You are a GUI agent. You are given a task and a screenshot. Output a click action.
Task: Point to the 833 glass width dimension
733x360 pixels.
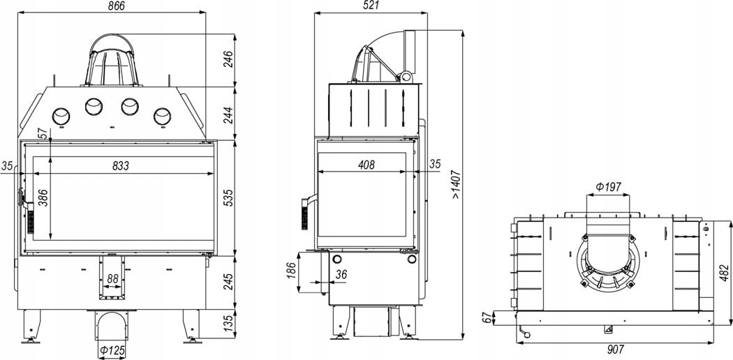[120, 166]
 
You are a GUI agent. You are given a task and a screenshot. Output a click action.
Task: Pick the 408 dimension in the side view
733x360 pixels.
[365, 165]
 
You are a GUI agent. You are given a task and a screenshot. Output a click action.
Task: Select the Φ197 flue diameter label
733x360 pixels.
[608, 187]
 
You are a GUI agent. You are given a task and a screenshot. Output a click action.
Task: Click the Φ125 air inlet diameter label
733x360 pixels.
[112, 350]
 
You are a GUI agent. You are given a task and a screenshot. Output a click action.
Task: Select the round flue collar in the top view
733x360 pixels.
[609, 260]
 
